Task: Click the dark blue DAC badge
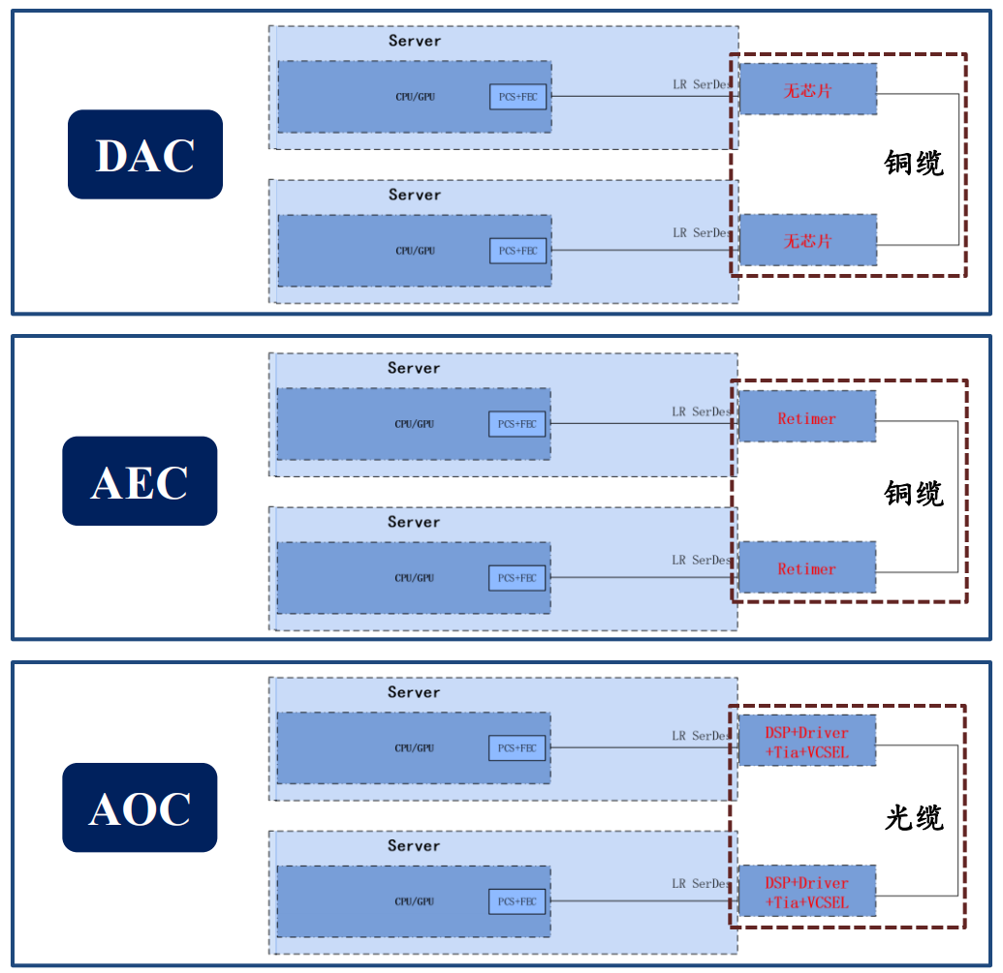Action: [x=145, y=155]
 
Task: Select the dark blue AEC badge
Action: [x=140, y=481]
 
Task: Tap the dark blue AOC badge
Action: [x=140, y=807]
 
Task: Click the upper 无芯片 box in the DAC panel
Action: [x=808, y=90]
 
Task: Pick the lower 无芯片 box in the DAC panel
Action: [x=808, y=240]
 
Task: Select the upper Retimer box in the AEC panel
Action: [x=806, y=418]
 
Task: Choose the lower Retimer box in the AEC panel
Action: [x=806, y=568]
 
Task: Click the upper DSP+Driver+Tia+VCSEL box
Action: [x=806, y=742]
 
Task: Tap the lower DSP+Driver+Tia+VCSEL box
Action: [x=806, y=892]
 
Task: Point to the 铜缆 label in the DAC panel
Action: [x=913, y=163]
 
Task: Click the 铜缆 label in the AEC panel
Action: [x=913, y=493]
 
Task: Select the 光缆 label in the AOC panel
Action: [x=913, y=818]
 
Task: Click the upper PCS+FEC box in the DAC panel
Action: [x=518, y=97]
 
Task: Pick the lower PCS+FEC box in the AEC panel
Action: [x=517, y=578]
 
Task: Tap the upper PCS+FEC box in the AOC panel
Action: [x=517, y=747]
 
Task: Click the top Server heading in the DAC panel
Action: [x=415, y=41]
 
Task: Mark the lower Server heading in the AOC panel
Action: [x=414, y=845]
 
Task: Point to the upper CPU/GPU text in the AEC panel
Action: [x=414, y=424]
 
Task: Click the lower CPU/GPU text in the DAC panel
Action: [x=415, y=251]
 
